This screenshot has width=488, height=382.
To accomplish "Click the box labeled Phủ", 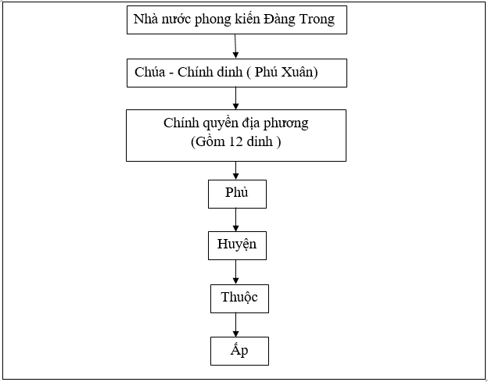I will (237, 194).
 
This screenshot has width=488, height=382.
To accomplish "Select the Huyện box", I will (237, 245).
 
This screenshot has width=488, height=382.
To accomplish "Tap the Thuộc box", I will (239, 298).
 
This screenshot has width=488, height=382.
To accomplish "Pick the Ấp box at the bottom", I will (239, 351).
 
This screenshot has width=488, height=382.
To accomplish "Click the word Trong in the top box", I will (315, 20).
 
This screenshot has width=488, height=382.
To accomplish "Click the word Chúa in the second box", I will (149, 73).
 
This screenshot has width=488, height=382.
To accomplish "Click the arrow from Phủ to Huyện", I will (236, 220).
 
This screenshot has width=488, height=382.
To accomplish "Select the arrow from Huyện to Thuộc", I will (236, 272).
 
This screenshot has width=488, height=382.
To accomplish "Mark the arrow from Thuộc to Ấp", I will (236, 325).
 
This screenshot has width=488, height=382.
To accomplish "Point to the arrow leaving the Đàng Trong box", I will (235, 47).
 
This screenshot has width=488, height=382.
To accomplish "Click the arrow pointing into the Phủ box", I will (236, 171).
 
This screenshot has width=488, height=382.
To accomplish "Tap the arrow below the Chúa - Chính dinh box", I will (236, 98).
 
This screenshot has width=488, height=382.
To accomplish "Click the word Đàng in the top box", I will (275, 20).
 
